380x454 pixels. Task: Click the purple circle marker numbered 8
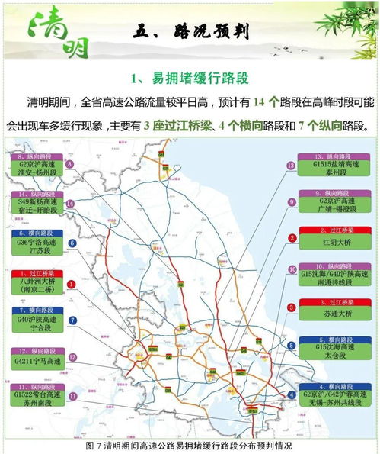coord(70,164)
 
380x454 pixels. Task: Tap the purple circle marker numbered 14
coord(70,204)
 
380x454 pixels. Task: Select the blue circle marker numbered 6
coord(72,243)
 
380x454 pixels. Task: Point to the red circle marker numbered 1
coord(72,284)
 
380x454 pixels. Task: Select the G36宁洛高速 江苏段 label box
coord(32,243)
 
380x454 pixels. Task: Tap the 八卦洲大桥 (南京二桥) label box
coord(32,285)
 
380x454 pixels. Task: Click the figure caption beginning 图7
coord(190,446)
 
